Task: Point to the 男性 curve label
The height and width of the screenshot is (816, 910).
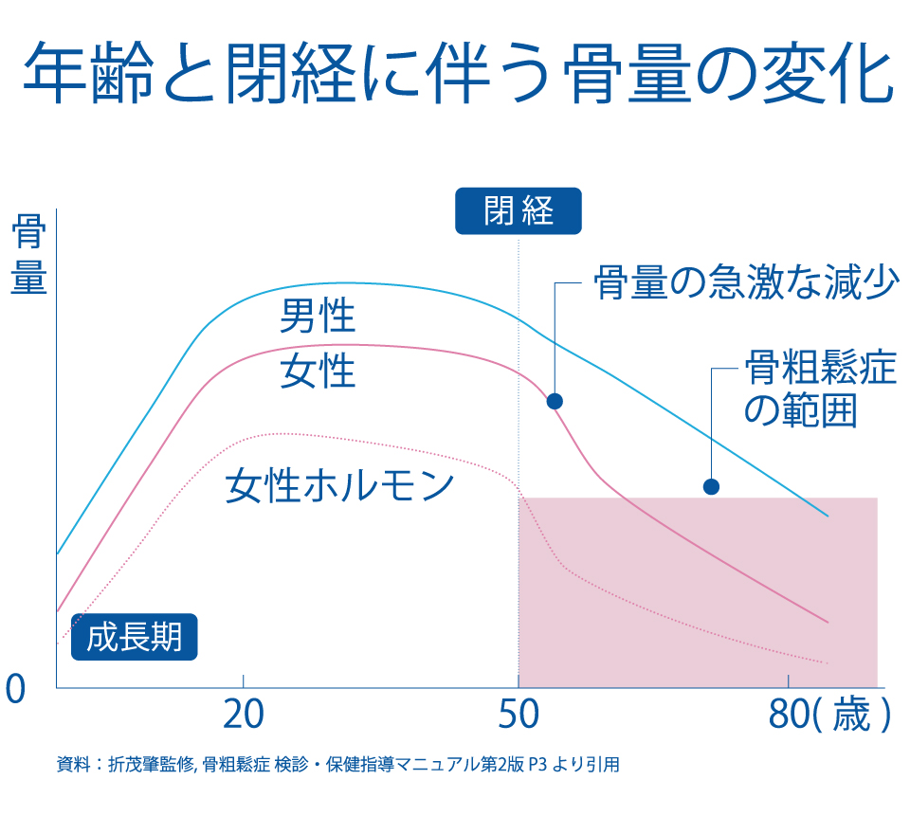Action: pyautogui.click(x=317, y=316)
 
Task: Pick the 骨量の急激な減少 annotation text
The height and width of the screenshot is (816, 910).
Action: pyautogui.click(x=744, y=282)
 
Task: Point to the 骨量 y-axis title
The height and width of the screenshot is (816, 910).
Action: pyautogui.click(x=28, y=253)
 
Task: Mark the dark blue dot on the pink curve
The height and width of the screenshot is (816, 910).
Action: pyautogui.click(x=555, y=401)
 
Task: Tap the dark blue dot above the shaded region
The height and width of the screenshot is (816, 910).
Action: pyautogui.click(x=711, y=486)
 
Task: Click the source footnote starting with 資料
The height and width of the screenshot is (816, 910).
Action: pyautogui.click(x=337, y=764)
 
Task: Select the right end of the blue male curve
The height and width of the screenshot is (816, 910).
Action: pyautogui.click(x=828, y=516)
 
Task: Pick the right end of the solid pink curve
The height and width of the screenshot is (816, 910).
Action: pyautogui.click(x=828, y=622)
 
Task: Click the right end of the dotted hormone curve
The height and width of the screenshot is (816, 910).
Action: pyautogui.click(x=828, y=663)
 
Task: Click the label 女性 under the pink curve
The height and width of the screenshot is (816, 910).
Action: pyautogui.click(x=317, y=372)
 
